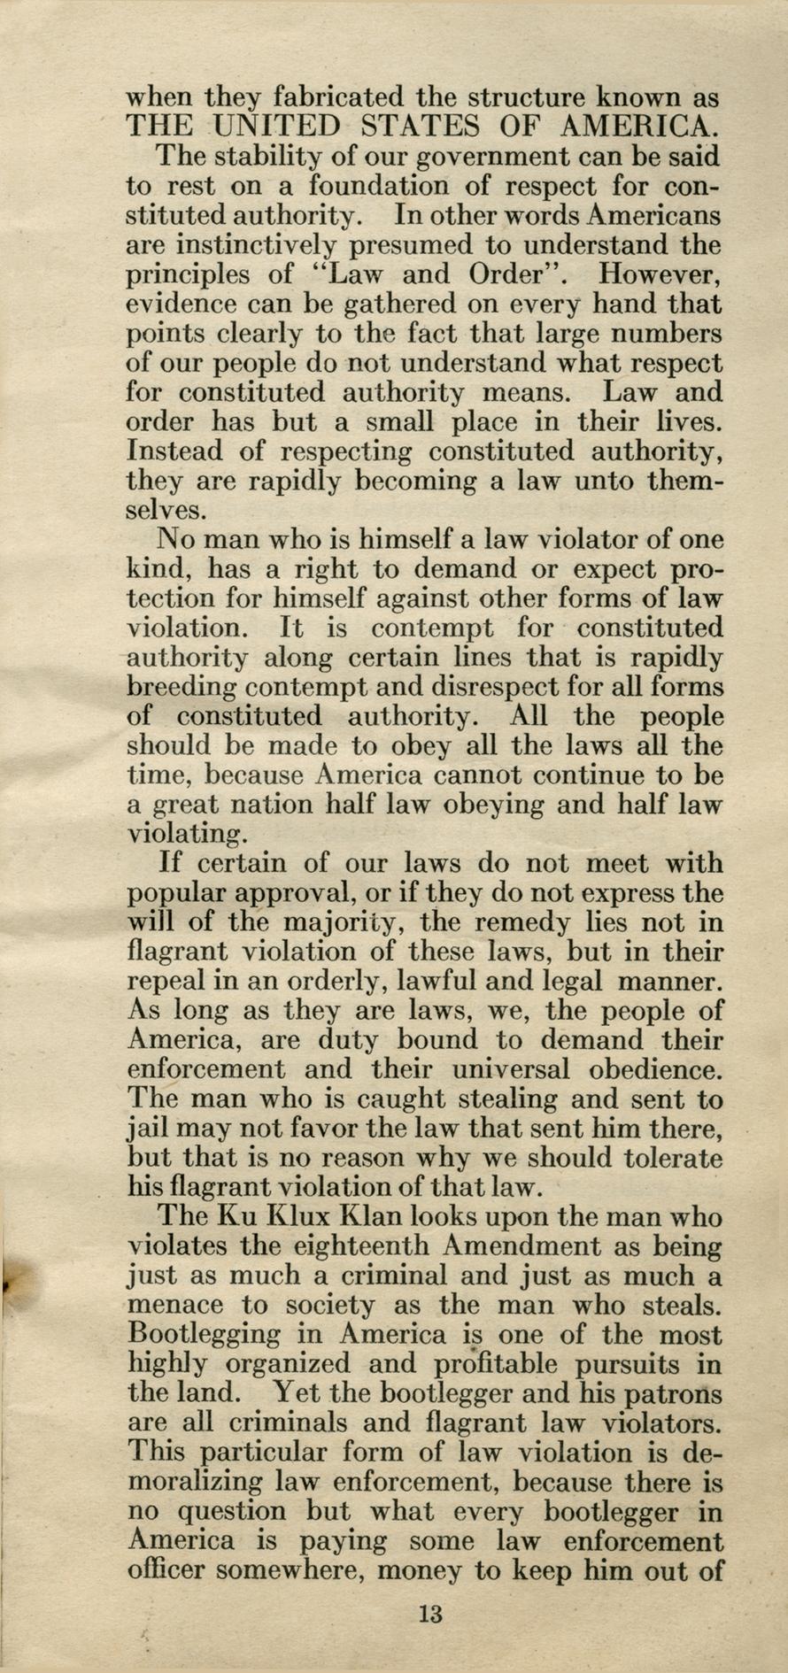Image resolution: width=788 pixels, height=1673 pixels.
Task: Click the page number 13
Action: (431, 1613)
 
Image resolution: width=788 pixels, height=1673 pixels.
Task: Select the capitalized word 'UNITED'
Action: (266, 125)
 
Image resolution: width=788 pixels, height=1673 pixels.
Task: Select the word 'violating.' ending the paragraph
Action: (184, 834)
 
